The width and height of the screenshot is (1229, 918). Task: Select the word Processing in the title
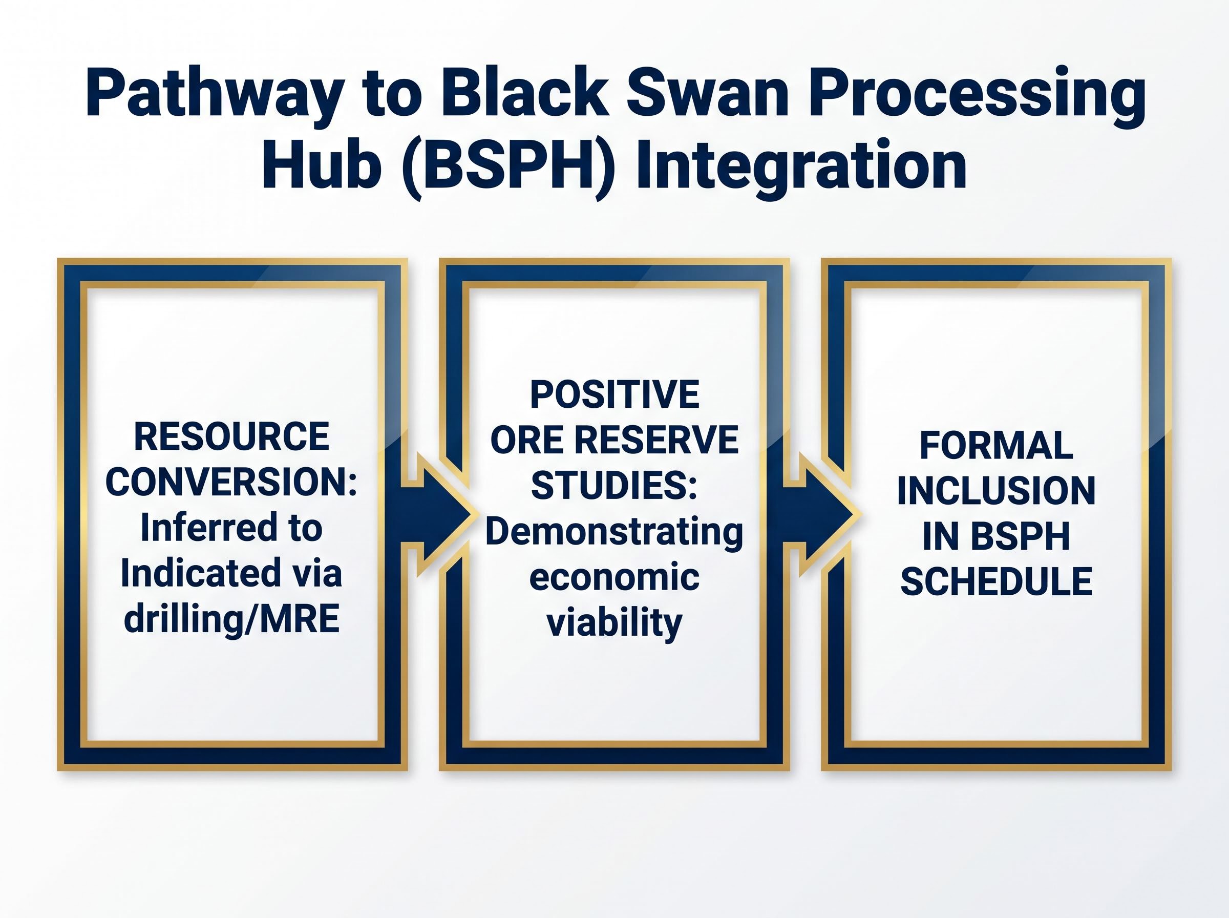coord(975,94)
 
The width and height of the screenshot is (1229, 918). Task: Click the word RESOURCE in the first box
coord(231,437)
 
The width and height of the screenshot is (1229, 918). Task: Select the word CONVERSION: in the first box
coord(231,483)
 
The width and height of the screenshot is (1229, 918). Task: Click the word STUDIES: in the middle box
coord(614,486)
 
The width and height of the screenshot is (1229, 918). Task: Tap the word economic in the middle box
coord(614,577)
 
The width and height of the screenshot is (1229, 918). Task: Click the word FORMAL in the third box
coord(997,446)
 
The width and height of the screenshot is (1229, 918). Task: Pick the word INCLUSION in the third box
coord(997,491)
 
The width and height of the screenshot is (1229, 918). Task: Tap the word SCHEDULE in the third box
coord(997,582)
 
